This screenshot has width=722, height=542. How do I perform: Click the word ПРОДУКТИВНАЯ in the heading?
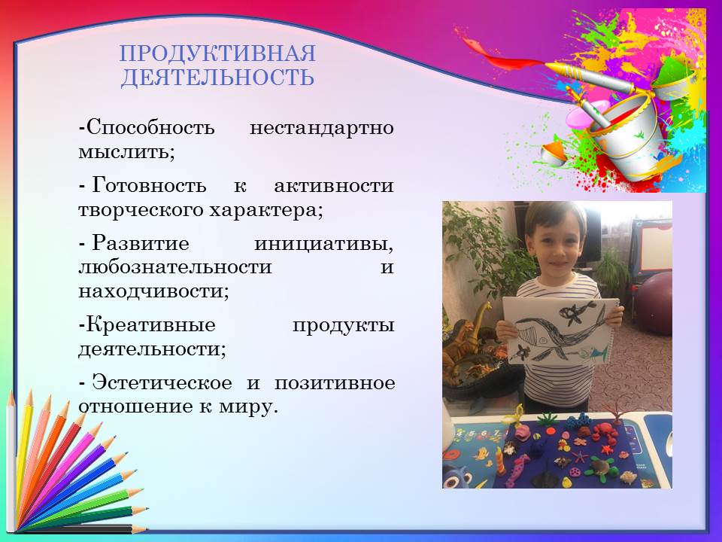click(218, 53)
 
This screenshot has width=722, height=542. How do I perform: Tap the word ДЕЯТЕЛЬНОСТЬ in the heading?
click(218, 77)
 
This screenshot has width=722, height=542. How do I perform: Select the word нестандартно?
click(321, 127)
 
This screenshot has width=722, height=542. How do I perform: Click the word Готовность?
click(149, 186)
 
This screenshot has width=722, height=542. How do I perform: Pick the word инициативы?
click(324, 244)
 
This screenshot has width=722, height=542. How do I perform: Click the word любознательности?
click(175, 267)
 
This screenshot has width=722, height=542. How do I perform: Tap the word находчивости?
click(153, 291)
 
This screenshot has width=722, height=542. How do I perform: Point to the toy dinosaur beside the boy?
click(469, 336)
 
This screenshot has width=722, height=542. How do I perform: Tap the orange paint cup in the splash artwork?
click(554, 152)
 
